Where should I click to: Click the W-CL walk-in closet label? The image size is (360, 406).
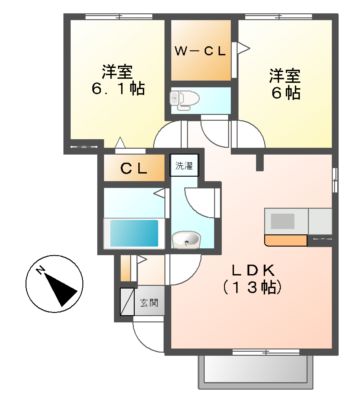(199, 51)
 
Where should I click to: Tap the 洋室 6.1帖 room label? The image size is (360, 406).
(117, 79)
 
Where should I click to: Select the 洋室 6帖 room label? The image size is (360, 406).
(283, 82)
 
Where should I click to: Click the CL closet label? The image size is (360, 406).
(134, 169)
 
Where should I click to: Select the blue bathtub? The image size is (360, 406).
(133, 233)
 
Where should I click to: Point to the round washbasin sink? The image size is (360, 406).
(185, 238)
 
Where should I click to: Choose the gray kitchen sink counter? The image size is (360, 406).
(321, 219)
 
